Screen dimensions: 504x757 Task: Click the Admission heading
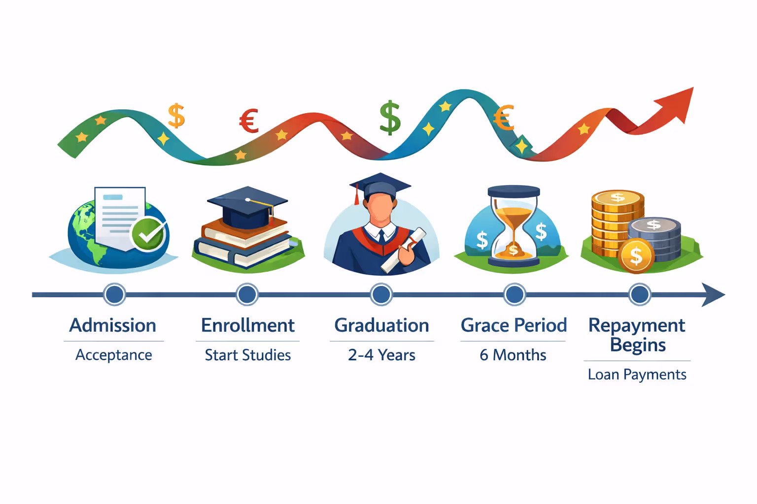[x=113, y=325]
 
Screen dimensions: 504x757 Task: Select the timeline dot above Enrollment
[x=247, y=294]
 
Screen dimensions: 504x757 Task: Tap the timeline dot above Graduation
[x=381, y=294]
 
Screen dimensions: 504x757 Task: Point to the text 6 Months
[x=513, y=355]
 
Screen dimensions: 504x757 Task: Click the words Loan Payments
[x=637, y=375]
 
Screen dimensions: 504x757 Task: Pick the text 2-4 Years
[x=381, y=355]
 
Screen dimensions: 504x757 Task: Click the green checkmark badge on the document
[x=148, y=234]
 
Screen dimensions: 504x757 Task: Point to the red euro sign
[x=249, y=121]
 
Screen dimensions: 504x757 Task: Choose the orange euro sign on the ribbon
[x=504, y=118]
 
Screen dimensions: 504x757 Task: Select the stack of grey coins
[x=654, y=238]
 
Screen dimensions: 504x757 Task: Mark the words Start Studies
[x=248, y=355]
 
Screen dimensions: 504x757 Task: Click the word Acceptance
[x=113, y=355]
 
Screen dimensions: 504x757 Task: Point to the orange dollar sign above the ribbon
[x=176, y=116]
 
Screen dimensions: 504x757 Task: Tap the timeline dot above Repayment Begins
[x=640, y=294]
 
